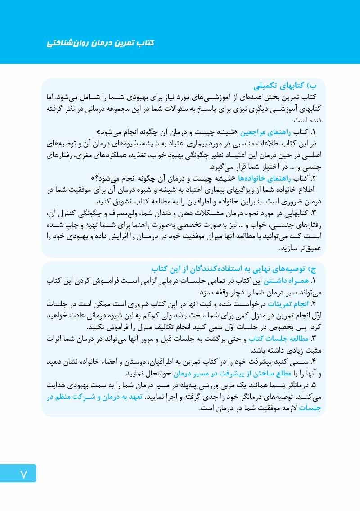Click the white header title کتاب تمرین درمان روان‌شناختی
[x=100, y=43]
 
